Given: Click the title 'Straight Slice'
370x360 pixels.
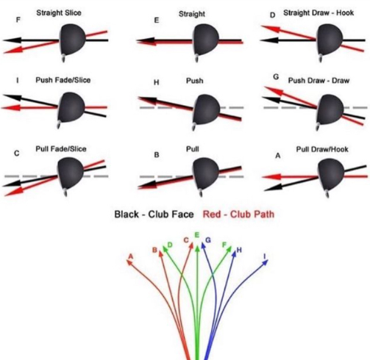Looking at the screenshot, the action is pyautogui.click(x=59, y=12).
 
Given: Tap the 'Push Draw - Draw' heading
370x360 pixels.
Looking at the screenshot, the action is pyautogui.click(x=319, y=81).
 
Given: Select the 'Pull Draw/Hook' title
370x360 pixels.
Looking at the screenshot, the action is pyautogui.click(x=322, y=149).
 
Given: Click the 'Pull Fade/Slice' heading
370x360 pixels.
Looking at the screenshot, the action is pyautogui.click(x=61, y=149).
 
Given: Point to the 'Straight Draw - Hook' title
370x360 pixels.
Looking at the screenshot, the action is pyautogui.click(x=319, y=12).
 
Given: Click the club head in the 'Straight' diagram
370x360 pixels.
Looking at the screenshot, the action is pyautogui.click(x=205, y=40).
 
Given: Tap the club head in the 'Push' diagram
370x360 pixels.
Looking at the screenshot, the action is pyautogui.click(x=207, y=109).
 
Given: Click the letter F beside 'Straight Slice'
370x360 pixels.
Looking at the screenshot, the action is pyautogui.click(x=18, y=20).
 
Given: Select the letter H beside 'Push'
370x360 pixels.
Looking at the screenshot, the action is pyautogui.click(x=157, y=82).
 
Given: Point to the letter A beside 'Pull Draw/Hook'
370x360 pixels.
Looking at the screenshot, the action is pyautogui.click(x=278, y=156).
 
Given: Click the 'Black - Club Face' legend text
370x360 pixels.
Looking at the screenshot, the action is pyautogui.click(x=154, y=215).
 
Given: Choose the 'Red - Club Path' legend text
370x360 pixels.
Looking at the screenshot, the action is pyautogui.click(x=238, y=215).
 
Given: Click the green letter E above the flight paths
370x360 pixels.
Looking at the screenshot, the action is pyautogui.click(x=196, y=235).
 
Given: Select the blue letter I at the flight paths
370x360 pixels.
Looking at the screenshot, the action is pyautogui.click(x=265, y=256).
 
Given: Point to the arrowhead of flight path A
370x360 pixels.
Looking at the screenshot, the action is pyautogui.click(x=129, y=262).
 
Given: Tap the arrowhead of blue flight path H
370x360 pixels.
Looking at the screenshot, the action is pyautogui.click(x=235, y=254).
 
